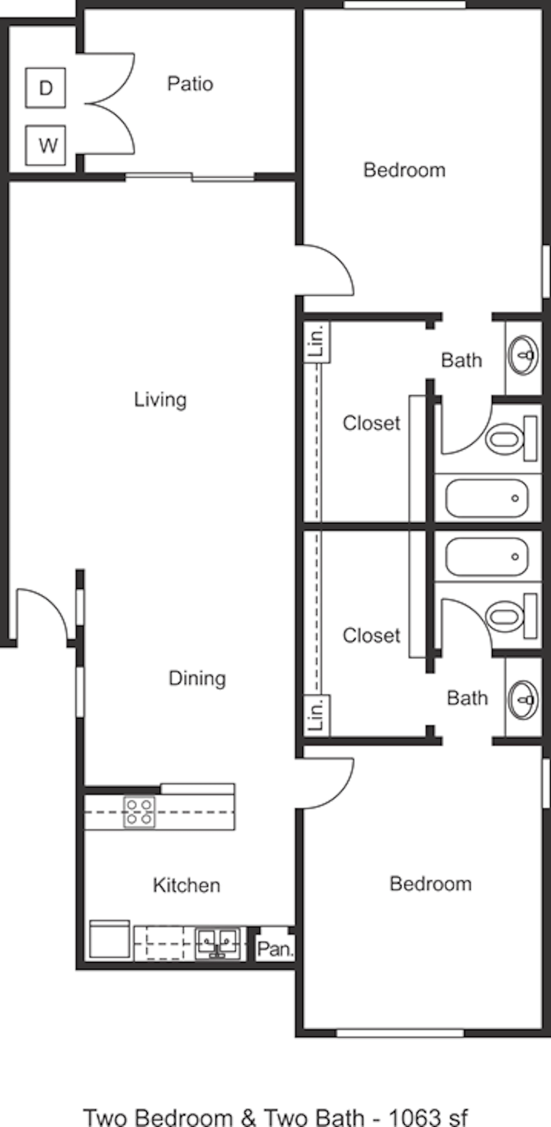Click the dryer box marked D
click(45, 88)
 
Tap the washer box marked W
click(45, 145)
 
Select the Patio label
click(190, 84)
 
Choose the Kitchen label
click(186, 886)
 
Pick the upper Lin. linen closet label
click(317, 342)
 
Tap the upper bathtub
click(487, 498)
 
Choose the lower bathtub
click(487, 557)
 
